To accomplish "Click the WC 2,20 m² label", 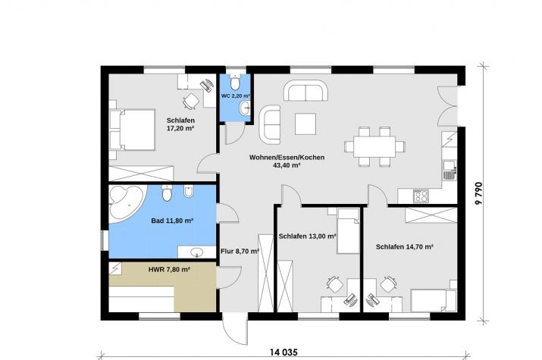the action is (236, 95).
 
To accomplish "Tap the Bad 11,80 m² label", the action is (172, 221).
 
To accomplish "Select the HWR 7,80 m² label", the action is (169, 269).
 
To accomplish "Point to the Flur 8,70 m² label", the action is (240, 251).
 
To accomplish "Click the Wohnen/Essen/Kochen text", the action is (287, 158).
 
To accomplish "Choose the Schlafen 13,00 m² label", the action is (308, 236).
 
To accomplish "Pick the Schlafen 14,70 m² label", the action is (405, 246).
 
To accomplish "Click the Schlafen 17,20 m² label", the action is (180, 124).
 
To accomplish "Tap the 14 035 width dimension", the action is (284, 352).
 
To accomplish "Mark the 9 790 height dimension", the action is (478, 193).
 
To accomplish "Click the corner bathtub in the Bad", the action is (126, 202).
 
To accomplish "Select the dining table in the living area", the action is (374, 146).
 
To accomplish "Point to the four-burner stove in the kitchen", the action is (421, 196).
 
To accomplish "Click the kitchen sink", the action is (450, 170).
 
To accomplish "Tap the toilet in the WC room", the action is (236, 82).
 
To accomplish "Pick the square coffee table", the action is (305, 124).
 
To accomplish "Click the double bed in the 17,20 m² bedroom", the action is (133, 130).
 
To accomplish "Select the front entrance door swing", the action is (234, 329).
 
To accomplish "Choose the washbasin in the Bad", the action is (197, 252).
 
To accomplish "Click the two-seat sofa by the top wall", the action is (306, 90).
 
